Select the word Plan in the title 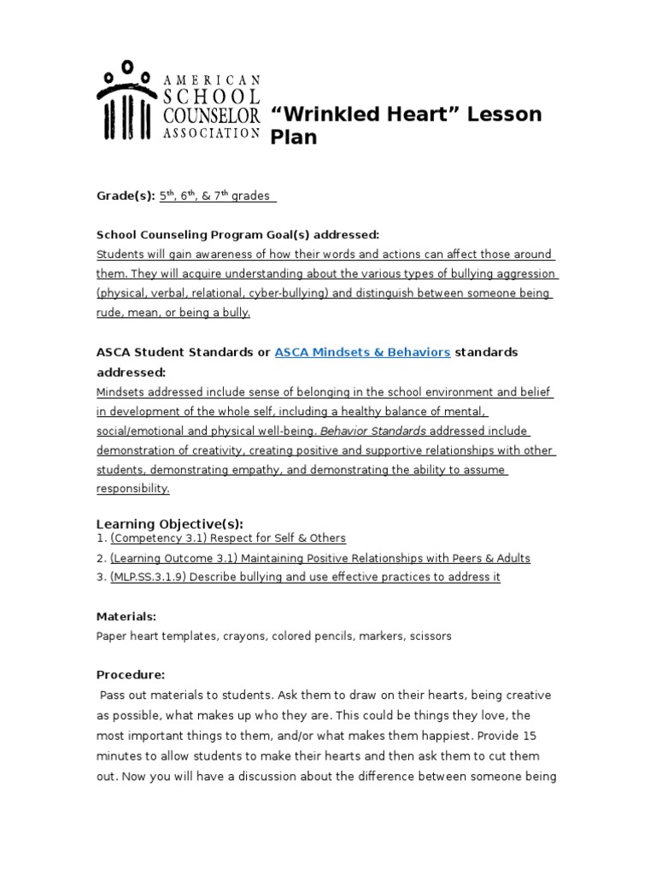click(x=294, y=138)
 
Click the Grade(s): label click(x=126, y=196)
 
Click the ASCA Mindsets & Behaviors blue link click(x=362, y=352)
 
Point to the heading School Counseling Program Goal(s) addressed click(x=237, y=234)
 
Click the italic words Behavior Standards click(x=372, y=431)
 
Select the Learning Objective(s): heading click(x=170, y=524)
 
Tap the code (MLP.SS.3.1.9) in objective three click(x=150, y=577)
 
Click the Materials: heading click(x=126, y=616)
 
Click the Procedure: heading click(x=130, y=674)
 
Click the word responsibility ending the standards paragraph click(x=133, y=490)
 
